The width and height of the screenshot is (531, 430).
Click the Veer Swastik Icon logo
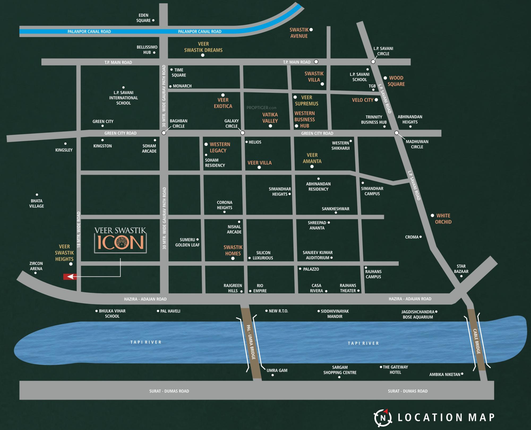121,240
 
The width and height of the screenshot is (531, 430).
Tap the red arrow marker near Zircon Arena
70,277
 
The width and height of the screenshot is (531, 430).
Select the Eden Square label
143,18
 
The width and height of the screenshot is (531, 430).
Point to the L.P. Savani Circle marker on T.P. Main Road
373,62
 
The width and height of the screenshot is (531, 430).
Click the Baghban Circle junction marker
164,133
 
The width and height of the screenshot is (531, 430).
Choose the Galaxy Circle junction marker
242,133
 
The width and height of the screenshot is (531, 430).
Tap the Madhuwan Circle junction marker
396,133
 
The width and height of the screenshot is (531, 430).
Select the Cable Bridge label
477,341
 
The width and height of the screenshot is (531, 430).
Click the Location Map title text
446,418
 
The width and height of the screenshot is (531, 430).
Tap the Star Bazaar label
461,269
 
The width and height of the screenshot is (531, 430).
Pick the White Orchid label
443,219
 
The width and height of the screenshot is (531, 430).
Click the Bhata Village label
37,203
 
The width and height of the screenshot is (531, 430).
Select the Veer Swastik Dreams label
203,47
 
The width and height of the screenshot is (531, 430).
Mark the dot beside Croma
421,237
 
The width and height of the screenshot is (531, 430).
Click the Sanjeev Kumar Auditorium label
318,255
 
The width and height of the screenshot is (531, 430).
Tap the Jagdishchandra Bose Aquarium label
418,314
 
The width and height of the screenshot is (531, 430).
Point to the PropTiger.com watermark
262,108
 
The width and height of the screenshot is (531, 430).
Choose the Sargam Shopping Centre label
340,370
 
